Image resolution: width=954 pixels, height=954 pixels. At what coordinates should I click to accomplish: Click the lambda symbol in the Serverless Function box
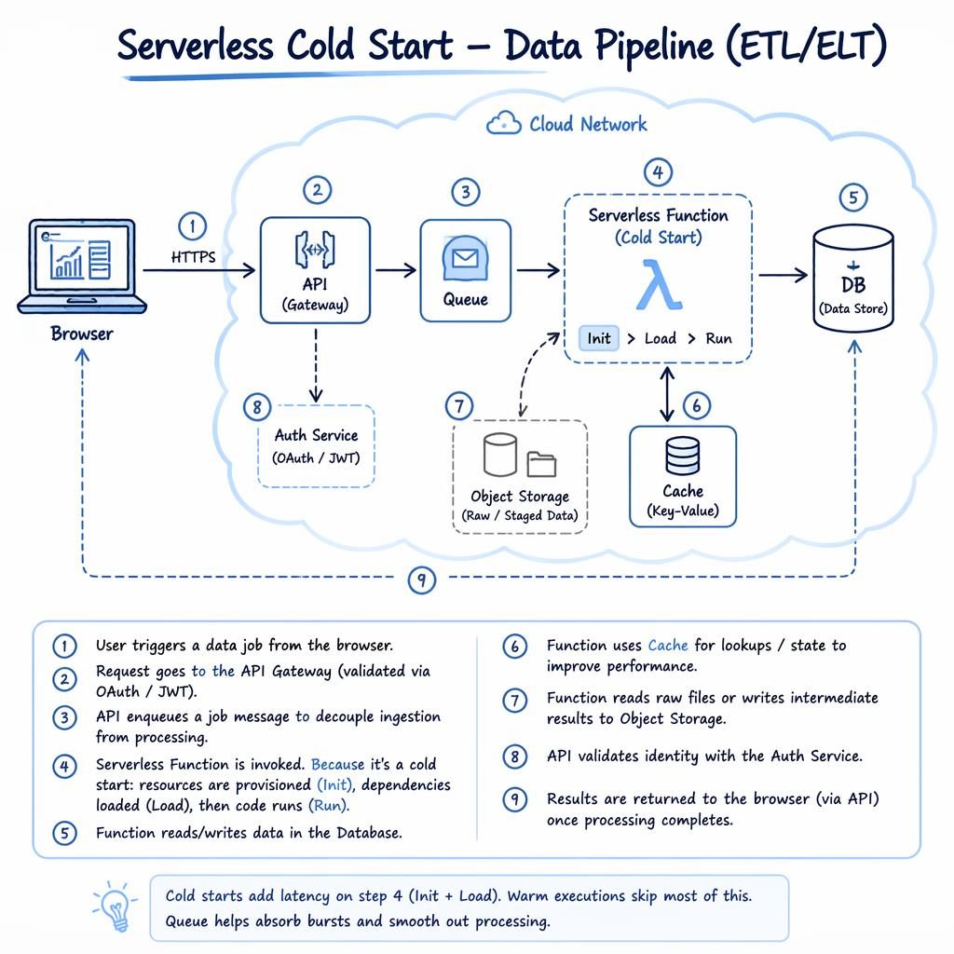tap(659, 285)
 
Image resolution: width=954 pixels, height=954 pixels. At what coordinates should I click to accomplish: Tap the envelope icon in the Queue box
tap(466, 259)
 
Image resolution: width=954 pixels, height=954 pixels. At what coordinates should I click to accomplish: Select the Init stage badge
tap(599, 338)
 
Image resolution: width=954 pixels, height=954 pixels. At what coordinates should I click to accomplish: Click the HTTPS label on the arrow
tap(194, 257)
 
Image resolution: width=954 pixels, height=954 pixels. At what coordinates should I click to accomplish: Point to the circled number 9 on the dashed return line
tap(422, 579)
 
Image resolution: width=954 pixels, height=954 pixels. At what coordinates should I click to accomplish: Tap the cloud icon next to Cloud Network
tap(504, 123)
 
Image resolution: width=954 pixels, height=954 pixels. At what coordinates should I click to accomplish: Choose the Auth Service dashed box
tap(316, 446)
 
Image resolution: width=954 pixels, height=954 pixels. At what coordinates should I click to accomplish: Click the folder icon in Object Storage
tap(541, 465)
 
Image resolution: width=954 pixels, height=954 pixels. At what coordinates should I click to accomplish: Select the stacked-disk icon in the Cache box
tap(683, 456)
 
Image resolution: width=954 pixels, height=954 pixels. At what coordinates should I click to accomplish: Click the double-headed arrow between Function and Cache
tap(667, 394)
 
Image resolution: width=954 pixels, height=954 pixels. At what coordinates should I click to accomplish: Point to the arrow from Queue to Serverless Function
tap(538, 269)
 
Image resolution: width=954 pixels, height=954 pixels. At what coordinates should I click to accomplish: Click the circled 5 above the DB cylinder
tap(853, 198)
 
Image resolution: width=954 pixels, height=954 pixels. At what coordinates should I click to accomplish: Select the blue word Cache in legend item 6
tap(668, 645)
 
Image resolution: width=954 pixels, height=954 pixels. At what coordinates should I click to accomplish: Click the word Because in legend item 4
tap(337, 764)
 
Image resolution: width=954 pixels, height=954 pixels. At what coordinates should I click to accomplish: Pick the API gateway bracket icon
tap(315, 250)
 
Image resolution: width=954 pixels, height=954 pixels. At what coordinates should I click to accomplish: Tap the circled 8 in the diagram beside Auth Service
tap(257, 407)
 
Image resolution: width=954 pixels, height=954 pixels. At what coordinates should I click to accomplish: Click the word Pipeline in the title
tap(654, 47)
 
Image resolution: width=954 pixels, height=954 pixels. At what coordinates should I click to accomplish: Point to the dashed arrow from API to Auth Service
tap(316, 365)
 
